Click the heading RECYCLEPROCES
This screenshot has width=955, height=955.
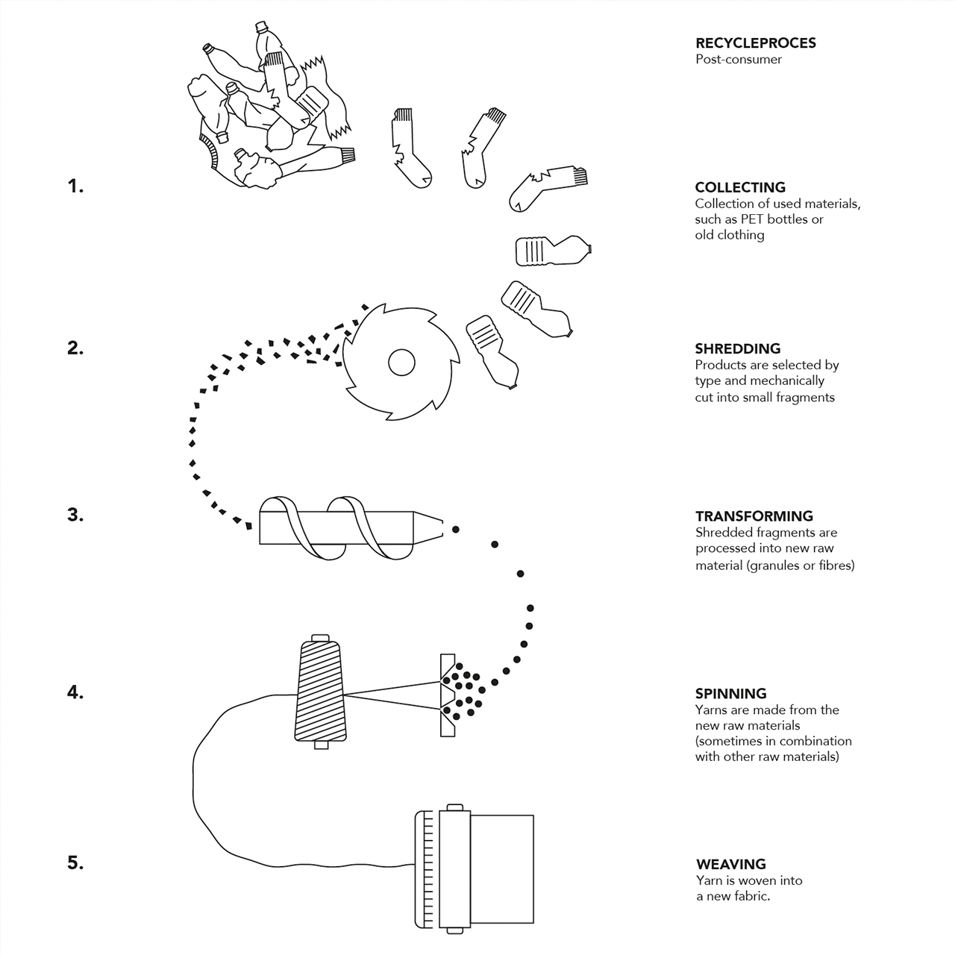(755, 43)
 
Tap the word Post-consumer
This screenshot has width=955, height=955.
(738, 60)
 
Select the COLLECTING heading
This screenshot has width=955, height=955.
(739, 187)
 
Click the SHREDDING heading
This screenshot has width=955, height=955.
(737, 348)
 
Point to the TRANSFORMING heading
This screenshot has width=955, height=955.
(754, 516)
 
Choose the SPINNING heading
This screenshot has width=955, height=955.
(730, 693)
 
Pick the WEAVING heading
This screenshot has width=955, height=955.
(730, 864)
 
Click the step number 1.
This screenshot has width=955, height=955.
(75, 187)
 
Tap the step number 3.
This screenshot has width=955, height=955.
(75, 515)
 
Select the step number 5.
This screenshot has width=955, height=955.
(75, 862)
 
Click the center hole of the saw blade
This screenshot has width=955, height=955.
(401, 363)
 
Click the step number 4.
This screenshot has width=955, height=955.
(75, 692)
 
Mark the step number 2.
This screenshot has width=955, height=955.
(75, 348)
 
